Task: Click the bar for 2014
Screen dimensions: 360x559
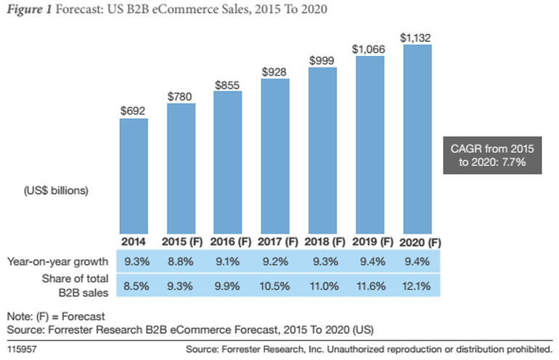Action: [x=134, y=176]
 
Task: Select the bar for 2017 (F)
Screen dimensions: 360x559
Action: [x=275, y=156]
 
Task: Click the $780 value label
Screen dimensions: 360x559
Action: [x=181, y=96]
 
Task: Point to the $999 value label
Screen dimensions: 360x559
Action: [x=322, y=60]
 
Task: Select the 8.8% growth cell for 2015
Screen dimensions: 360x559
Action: [x=181, y=260]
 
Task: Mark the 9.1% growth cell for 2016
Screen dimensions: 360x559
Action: [x=228, y=260]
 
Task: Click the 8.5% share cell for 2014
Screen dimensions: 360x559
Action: [x=134, y=285]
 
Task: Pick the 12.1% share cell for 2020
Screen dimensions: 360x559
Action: [x=417, y=285]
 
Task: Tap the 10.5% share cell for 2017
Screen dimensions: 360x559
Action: [x=275, y=285]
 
